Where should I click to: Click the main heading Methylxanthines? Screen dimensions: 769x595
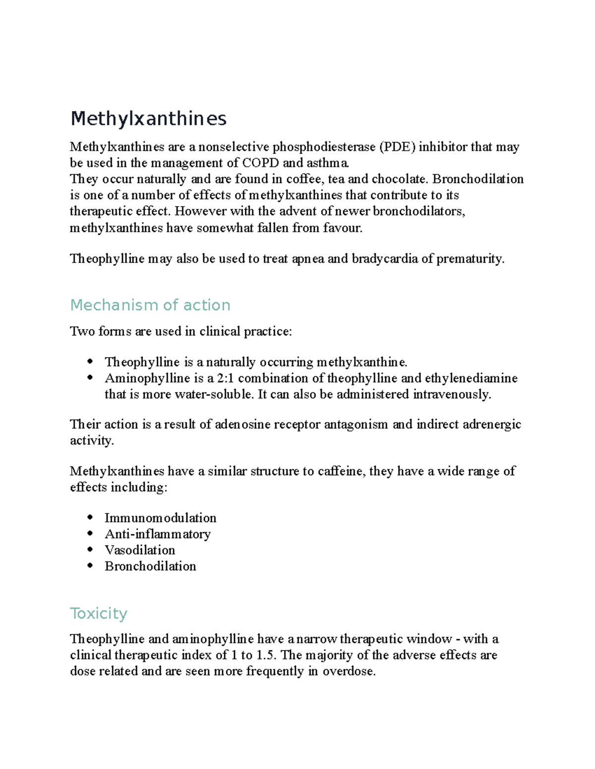tap(148, 119)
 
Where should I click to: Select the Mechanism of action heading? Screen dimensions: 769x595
tap(150, 305)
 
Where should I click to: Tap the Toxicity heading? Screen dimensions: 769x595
tap(99, 614)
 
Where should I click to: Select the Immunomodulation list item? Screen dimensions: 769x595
tap(160, 518)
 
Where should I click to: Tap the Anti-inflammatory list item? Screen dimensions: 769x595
tap(158, 534)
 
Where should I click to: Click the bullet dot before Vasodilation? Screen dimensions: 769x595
tap(90, 549)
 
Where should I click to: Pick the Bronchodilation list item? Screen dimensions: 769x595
tap(150, 566)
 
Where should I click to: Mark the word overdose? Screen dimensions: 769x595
tap(349, 671)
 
